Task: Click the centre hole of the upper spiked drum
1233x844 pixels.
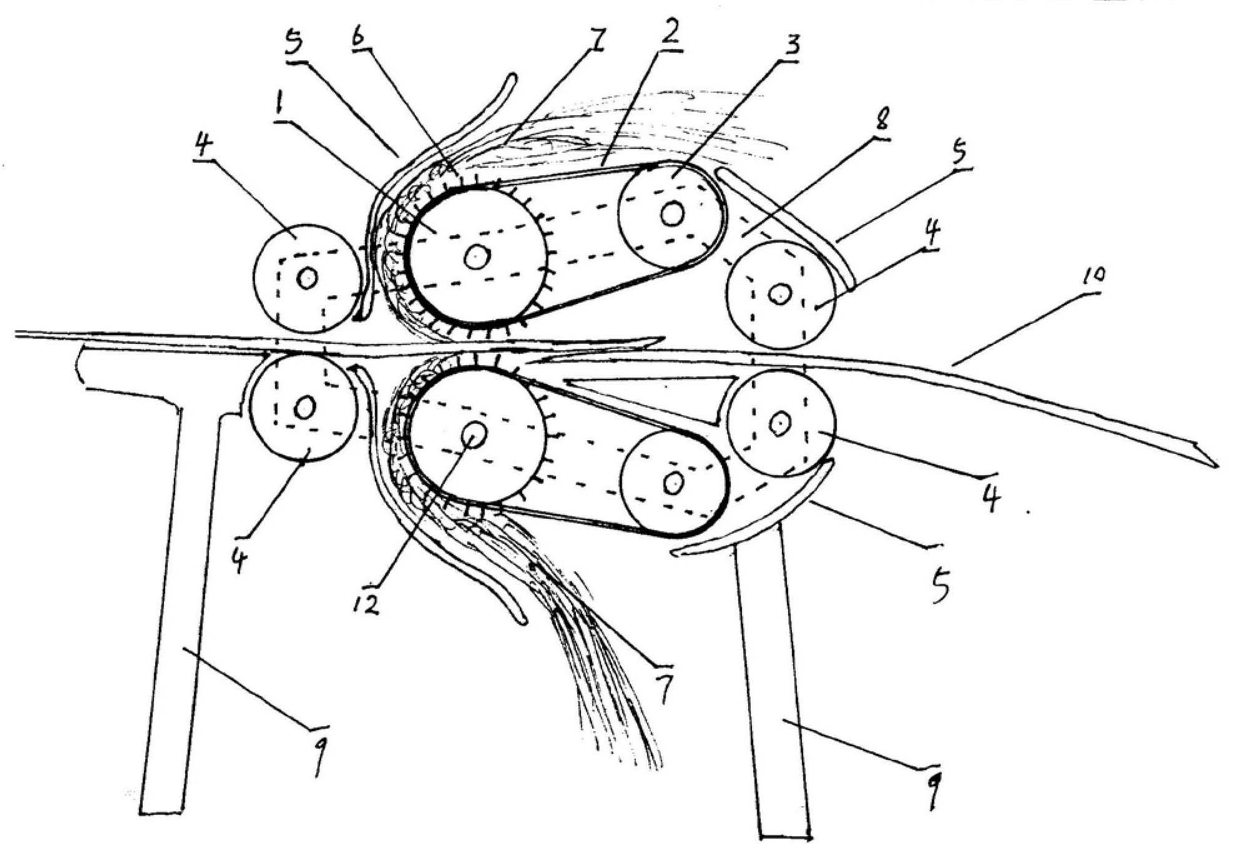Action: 478,256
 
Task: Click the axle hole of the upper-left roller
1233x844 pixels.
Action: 307,278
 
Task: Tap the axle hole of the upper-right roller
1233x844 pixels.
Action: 780,294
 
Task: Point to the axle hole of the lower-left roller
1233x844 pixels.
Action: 305,409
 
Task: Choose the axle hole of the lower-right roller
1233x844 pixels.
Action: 780,424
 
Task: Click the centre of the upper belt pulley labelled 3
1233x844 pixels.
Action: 672,214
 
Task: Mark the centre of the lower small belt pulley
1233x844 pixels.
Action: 674,482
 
